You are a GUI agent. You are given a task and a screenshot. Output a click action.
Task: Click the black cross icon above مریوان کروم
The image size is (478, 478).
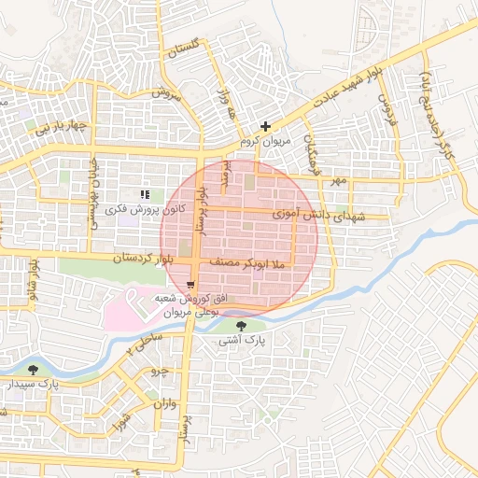[266, 125]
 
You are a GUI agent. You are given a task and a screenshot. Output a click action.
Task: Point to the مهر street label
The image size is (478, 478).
[337, 177]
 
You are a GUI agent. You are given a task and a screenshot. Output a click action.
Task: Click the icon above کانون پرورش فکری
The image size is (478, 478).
[145, 193]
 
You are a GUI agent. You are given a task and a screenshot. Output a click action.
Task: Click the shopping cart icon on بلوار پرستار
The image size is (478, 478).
[191, 284]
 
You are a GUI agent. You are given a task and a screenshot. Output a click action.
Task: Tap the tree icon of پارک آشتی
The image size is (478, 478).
[243, 326]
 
